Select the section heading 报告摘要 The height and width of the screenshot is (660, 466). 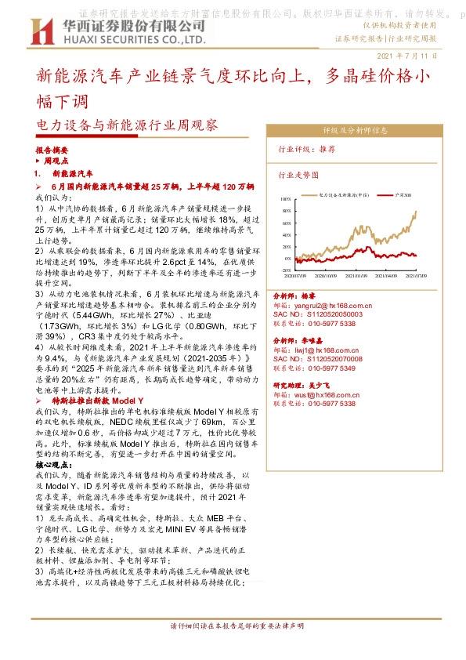coord(52,149)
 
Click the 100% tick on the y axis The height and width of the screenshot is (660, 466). coord(286,199)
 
